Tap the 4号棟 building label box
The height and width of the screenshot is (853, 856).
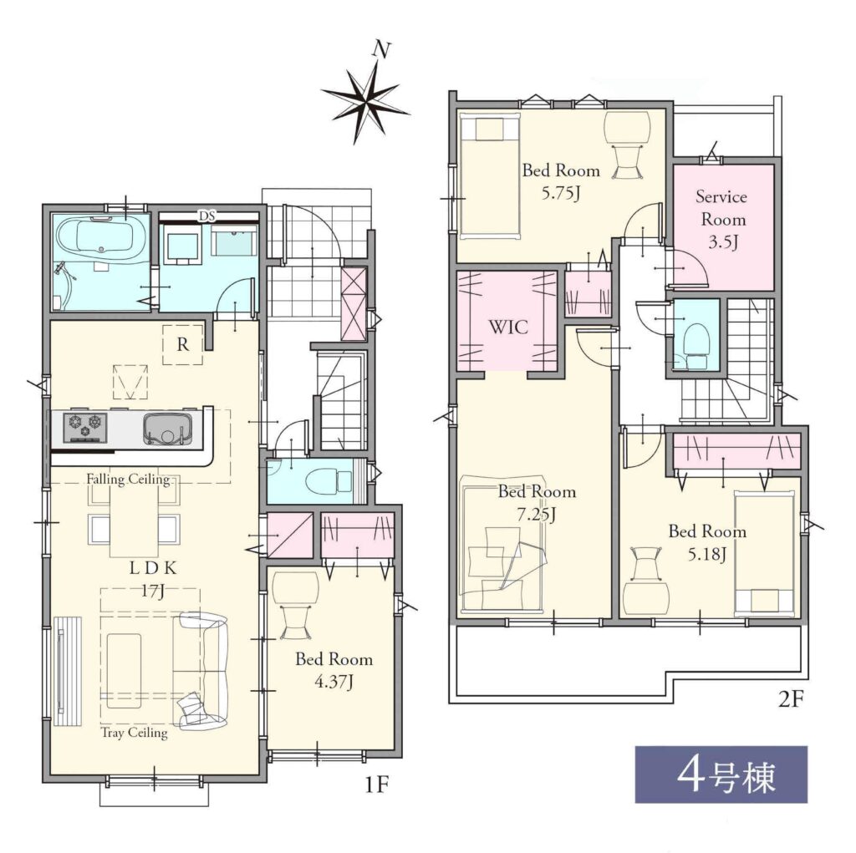pos(721,774)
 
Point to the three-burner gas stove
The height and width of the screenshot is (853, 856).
pos(85,427)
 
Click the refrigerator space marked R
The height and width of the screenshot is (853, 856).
pos(183,344)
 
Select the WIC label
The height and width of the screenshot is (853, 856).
pos(508,327)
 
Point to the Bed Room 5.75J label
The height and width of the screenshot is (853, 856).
pos(561,181)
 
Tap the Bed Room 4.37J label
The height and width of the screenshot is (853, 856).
pos(334,670)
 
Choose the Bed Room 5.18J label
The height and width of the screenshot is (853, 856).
pos(707,542)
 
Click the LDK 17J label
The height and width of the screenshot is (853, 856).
pos(153,579)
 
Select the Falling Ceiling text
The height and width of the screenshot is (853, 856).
pos(128,480)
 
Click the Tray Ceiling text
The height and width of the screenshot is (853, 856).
pos(135,733)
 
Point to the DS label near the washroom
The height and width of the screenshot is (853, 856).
pos(207,216)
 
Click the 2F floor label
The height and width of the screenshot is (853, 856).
pos(792,699)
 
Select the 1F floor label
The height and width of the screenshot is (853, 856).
pos(376,784)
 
